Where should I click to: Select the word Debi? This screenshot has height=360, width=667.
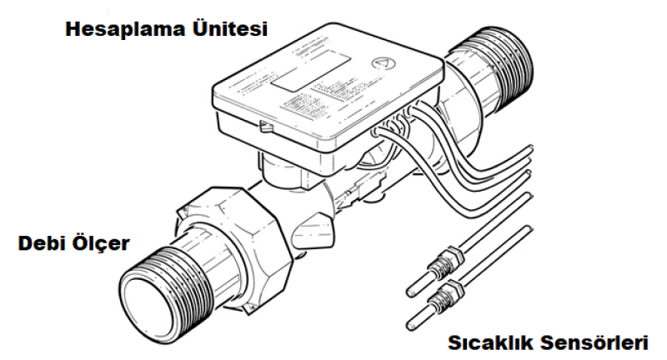click(41, 243)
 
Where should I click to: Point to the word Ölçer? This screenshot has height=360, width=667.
click(101, 244)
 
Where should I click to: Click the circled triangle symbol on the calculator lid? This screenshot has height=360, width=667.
click(384, 62)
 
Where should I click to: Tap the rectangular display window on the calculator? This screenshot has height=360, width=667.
click(311, 70)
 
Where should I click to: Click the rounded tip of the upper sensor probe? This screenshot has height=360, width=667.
click(410, 292)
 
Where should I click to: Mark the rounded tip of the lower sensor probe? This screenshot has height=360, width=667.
click(410, 326)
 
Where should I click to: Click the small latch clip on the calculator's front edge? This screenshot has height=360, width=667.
click(266, 126)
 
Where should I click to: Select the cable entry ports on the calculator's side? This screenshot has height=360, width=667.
click(394, 123)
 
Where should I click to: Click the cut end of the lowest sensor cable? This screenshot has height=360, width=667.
click(529, 230)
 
